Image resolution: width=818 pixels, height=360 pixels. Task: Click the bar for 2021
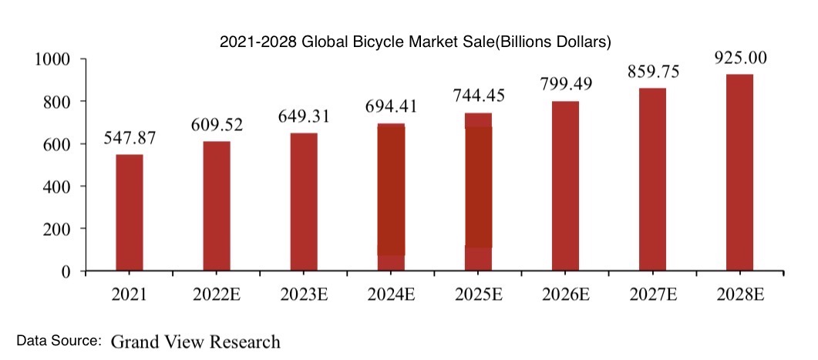point(130,213)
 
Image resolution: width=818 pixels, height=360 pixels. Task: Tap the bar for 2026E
point(565,186)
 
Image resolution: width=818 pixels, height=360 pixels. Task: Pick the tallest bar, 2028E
point(739,173)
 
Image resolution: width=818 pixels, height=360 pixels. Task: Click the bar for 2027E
point(652,180)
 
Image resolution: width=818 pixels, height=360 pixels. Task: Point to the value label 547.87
point(130,139)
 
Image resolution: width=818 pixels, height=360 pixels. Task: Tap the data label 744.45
point(478,97)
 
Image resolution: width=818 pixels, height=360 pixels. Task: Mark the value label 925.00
point(739,59)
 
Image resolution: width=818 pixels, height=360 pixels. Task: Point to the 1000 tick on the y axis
point(53,59)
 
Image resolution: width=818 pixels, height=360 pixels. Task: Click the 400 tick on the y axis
point(59,187)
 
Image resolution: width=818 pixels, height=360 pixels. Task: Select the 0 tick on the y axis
point(66,271)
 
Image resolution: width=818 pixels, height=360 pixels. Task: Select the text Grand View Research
point(196,341)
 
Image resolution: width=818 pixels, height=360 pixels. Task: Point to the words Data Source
point(59,340)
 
